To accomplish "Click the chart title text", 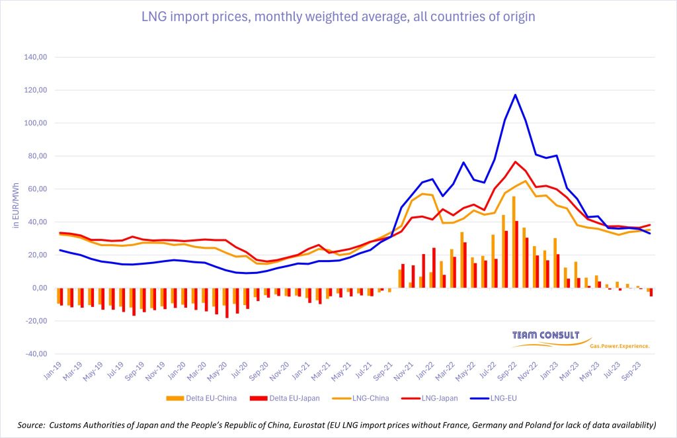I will [x=338, y=17].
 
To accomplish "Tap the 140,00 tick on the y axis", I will [x=38, y=58].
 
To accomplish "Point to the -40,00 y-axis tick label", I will [x=37, y=354].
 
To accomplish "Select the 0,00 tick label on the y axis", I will [x=41, y=288].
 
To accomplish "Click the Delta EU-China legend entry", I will [x=193, y=398].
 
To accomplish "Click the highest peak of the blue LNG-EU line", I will [x=515, y=95].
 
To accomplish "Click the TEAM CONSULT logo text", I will [x=545, y=335].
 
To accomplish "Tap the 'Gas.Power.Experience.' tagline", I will [x=619, y=345].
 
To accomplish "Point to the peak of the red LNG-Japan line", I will [x=515, y=161].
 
